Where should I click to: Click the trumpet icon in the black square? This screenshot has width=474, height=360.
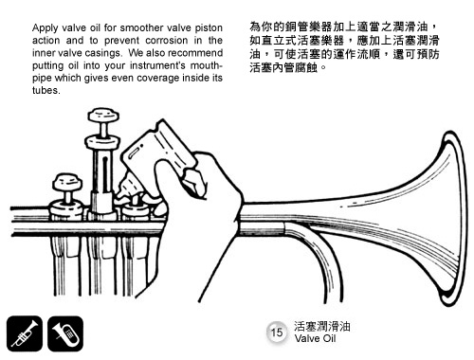[x=25, y=333]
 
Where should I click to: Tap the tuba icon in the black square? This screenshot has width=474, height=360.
[x=65, y=333]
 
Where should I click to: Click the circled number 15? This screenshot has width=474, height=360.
[x=277, y=333]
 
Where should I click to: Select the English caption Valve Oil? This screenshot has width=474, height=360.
[x=315, y=339]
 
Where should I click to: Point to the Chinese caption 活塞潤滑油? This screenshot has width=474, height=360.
[x=322, y=326]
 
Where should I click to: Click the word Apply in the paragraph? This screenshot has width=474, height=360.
[x=46, y=28]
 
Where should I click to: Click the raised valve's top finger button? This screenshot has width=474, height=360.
[x=103, y=116]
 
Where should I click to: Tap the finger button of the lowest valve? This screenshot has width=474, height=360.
[x=67, y=182]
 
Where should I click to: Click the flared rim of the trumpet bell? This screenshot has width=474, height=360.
[x=458, y=218]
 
